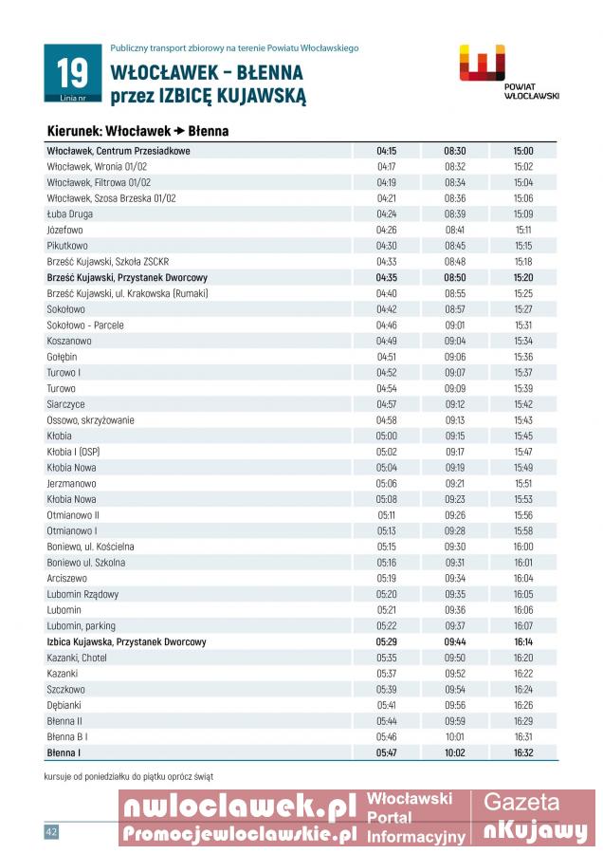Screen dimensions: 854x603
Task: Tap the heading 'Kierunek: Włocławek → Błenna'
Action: pos(137,131)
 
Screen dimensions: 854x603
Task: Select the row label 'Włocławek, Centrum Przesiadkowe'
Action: pos(119,151)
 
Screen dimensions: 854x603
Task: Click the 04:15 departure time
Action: pos(386,151)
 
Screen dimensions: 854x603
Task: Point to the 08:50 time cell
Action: pos(455,277)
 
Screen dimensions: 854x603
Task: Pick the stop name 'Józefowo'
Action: pos(64,230)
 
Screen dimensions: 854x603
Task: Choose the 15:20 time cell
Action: pos(523,277)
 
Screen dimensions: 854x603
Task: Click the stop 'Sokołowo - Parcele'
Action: pos(85,325)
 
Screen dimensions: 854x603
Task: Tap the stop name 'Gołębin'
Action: pos(62,357)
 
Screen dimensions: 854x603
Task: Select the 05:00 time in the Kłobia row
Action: pos(386,436)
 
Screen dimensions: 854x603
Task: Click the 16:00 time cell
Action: pos(523,547)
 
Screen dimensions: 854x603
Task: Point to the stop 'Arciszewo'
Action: pos(66,578)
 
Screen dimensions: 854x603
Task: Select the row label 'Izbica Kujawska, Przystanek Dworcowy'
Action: pos(126,641)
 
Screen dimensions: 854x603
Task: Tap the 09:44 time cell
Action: pos(455,641)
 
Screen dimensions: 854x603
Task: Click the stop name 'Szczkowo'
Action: pos(65,689)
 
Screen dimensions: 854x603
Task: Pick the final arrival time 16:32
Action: pos(523,752)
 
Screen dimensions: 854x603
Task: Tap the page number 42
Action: pos(51,831)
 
